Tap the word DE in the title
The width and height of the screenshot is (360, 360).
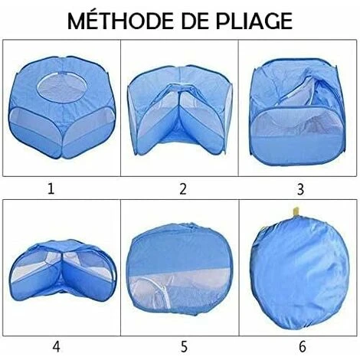tap(198, 21)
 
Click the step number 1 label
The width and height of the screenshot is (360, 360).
tap(51, 189)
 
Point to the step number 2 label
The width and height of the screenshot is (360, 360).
tap(183, 189)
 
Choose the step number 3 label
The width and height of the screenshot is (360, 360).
tap(300, 189)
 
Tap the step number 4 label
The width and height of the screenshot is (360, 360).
tap(57, 347)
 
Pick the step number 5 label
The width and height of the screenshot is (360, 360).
tap(184, 347)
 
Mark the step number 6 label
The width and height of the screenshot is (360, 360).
tap(302, 347)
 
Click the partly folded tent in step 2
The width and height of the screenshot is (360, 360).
tap(180, 110)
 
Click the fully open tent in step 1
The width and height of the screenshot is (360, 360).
tap(61, 107)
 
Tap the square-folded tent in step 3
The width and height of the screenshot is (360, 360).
tap(298, 112)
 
